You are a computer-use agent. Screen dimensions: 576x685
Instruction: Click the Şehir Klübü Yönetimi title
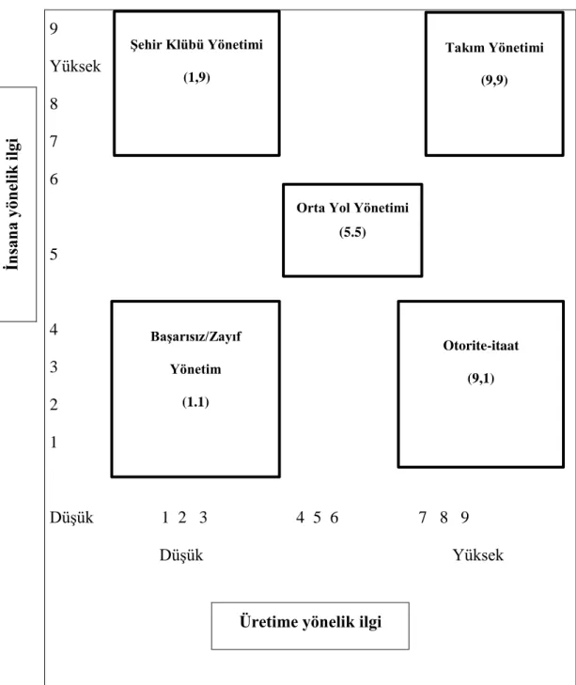(196, 44)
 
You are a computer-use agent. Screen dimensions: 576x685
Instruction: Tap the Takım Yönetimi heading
(494, 47)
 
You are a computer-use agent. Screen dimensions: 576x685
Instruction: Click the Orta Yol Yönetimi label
(352, 208)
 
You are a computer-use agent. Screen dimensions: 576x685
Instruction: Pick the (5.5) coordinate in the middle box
(352, 232)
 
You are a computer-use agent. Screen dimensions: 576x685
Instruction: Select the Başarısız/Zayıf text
(195, 336)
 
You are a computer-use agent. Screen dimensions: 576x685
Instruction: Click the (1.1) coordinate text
(195, 402)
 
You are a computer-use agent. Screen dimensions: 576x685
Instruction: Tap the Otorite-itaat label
(481, 346)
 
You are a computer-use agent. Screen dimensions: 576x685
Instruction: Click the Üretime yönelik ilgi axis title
(310, 622)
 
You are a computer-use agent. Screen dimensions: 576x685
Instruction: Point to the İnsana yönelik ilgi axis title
(12, 204)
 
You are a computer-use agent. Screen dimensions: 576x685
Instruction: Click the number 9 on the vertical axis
(54, 29)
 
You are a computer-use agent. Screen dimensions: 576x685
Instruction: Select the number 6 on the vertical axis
(54, 179)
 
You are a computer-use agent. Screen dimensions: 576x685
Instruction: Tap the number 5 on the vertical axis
(54, 255)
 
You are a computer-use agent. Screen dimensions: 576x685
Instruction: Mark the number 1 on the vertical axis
(54, 443)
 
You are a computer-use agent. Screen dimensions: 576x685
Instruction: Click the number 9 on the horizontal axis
(464, 517)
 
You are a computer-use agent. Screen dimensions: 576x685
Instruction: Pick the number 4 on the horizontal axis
(300, 517)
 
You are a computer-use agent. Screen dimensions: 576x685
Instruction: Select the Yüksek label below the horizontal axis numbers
(477, 554)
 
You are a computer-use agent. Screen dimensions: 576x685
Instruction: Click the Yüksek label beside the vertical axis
(75, 67)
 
